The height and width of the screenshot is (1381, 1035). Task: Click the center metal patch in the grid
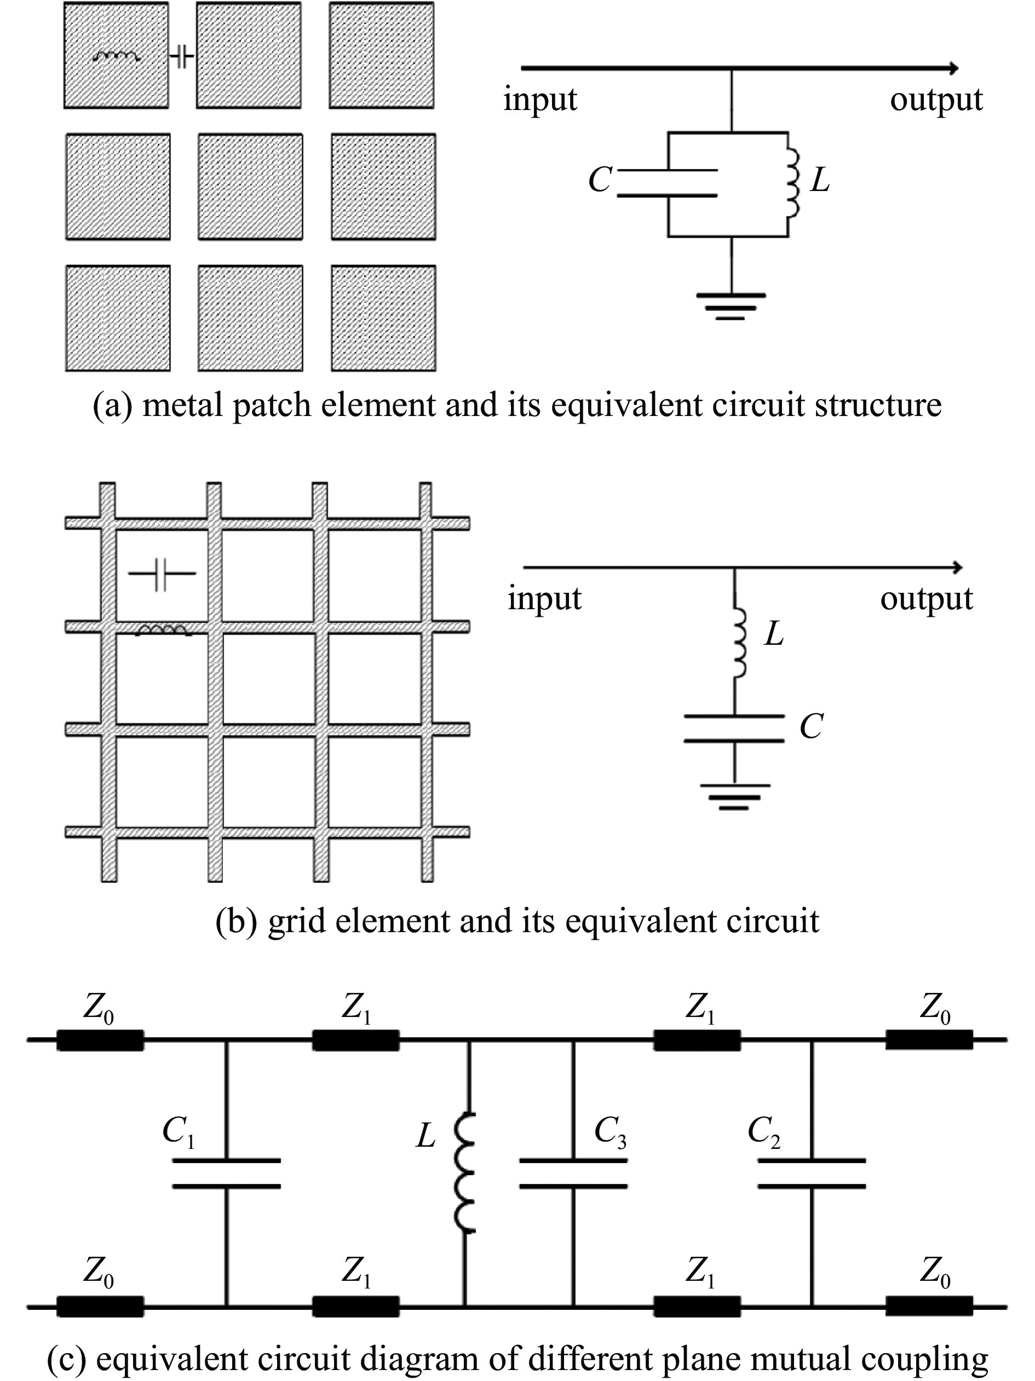click(250, 187)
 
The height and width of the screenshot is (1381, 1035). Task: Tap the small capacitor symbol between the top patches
click(182, 58)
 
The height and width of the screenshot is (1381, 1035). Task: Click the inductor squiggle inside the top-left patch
click(116, 57)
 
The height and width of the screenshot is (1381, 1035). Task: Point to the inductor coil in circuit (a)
click(792, 183)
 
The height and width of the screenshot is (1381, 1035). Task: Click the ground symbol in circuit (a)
click(732, 306)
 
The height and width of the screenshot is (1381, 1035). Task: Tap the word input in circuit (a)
click(540, 100)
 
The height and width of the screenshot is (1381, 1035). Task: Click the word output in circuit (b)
click(927, 599)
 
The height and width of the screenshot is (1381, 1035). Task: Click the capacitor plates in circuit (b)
click(734, 728)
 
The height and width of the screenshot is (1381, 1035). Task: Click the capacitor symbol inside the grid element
click(162, 573)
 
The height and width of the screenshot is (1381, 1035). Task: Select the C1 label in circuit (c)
click(179, 1131)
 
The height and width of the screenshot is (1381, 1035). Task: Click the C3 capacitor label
click(610, 1131)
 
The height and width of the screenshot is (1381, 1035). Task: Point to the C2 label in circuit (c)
click(763, 1131)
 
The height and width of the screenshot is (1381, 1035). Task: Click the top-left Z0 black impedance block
click(100, 1040)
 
